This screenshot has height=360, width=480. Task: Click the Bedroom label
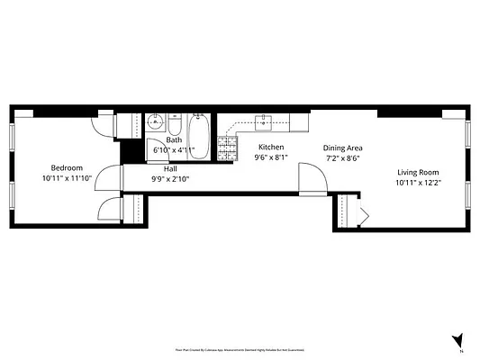(x=67, y=168)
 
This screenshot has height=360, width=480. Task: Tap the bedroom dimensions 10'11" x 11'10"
(x=67, y=178)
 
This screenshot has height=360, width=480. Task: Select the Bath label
(x=174, y=140)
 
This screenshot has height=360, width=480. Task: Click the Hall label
(x=169, y=168)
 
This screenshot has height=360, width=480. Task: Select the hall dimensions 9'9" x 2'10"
(x=169, y=178)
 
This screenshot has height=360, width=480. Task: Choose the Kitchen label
(x=271, y=147)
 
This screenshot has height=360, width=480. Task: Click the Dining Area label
(x=342, y=148)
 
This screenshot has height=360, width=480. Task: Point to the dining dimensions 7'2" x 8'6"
(x=342, y=157)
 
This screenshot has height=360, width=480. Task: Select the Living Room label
(x=417, y=172)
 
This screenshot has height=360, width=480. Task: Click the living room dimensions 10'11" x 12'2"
(x=417, y=183)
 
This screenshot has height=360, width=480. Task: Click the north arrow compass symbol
(x=459, y=340)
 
